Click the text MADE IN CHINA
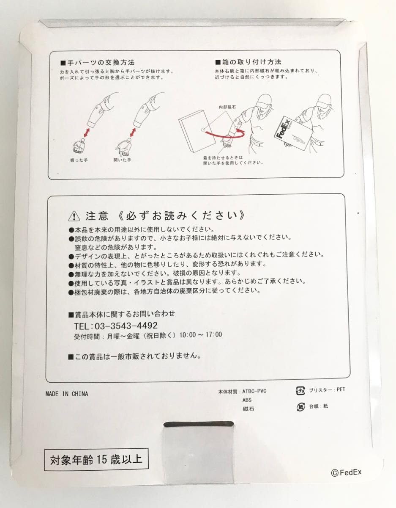[x=67, y=394]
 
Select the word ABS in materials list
[x=247, y=400]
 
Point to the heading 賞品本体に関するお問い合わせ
[x=121, y=314]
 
